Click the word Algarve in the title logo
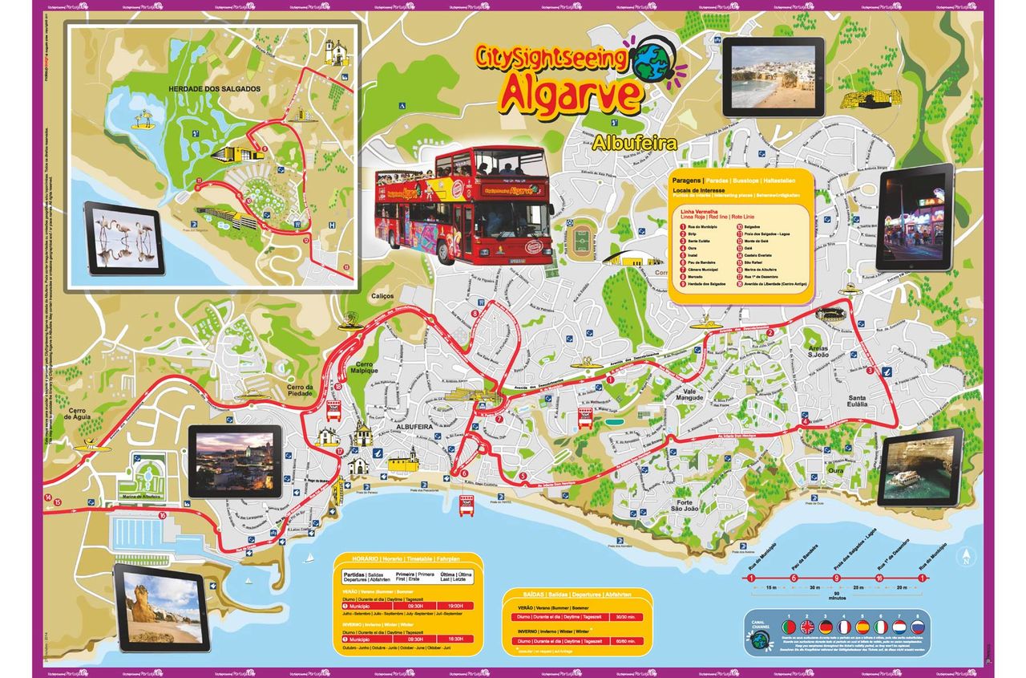pyautogui.click(x=571, y=94)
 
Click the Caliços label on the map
pyautogui.click(x=382, y=296)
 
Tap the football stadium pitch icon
pyautogui.click(x=580, y=238)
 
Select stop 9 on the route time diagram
pyautogui.click(x=837, y=578)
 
